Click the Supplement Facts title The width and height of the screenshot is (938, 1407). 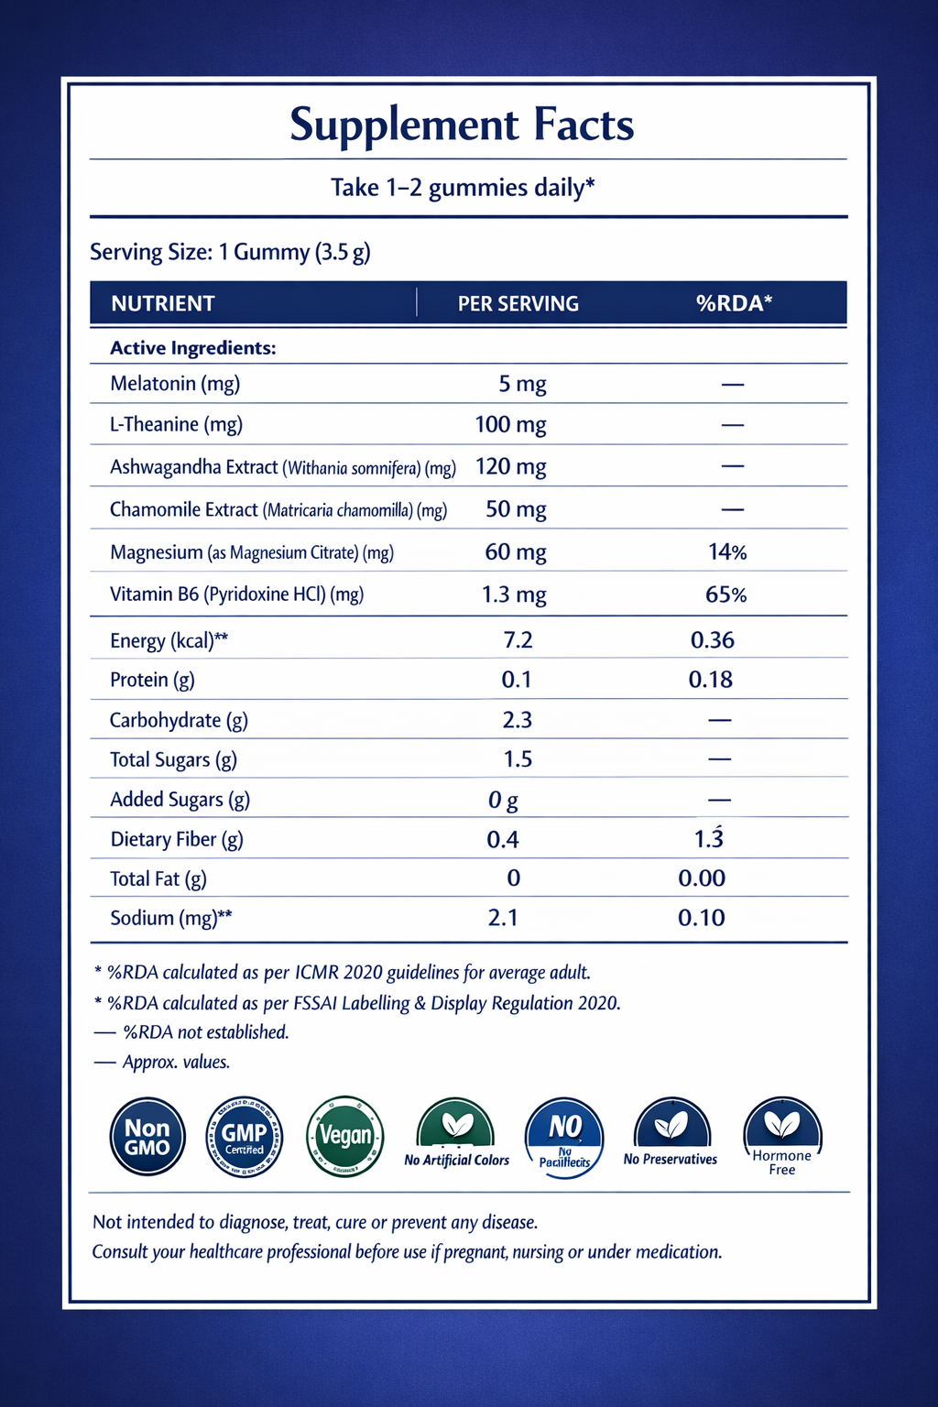462,125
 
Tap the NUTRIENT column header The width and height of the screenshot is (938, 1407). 163,303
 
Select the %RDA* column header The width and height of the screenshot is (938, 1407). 734,303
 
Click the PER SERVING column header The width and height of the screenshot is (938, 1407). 518,303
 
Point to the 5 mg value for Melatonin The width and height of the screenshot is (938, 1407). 522,384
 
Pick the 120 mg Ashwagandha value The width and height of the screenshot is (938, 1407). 510,466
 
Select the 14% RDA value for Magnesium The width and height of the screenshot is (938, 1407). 727,551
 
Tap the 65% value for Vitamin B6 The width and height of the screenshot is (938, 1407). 725,594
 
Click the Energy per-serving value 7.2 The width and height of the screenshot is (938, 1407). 518,639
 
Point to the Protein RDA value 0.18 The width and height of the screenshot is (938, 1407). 711,680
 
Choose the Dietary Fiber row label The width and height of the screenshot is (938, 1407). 177,839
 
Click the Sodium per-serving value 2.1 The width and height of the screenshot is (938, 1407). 503,918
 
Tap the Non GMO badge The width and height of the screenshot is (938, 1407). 147,1137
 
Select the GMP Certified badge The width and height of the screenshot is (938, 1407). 245,1137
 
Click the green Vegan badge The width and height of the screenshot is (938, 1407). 344,1136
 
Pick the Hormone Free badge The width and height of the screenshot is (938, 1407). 782,1137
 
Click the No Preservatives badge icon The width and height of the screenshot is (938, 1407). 671,1125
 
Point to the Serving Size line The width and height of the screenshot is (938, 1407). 230,252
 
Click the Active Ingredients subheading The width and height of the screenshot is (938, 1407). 193,348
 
